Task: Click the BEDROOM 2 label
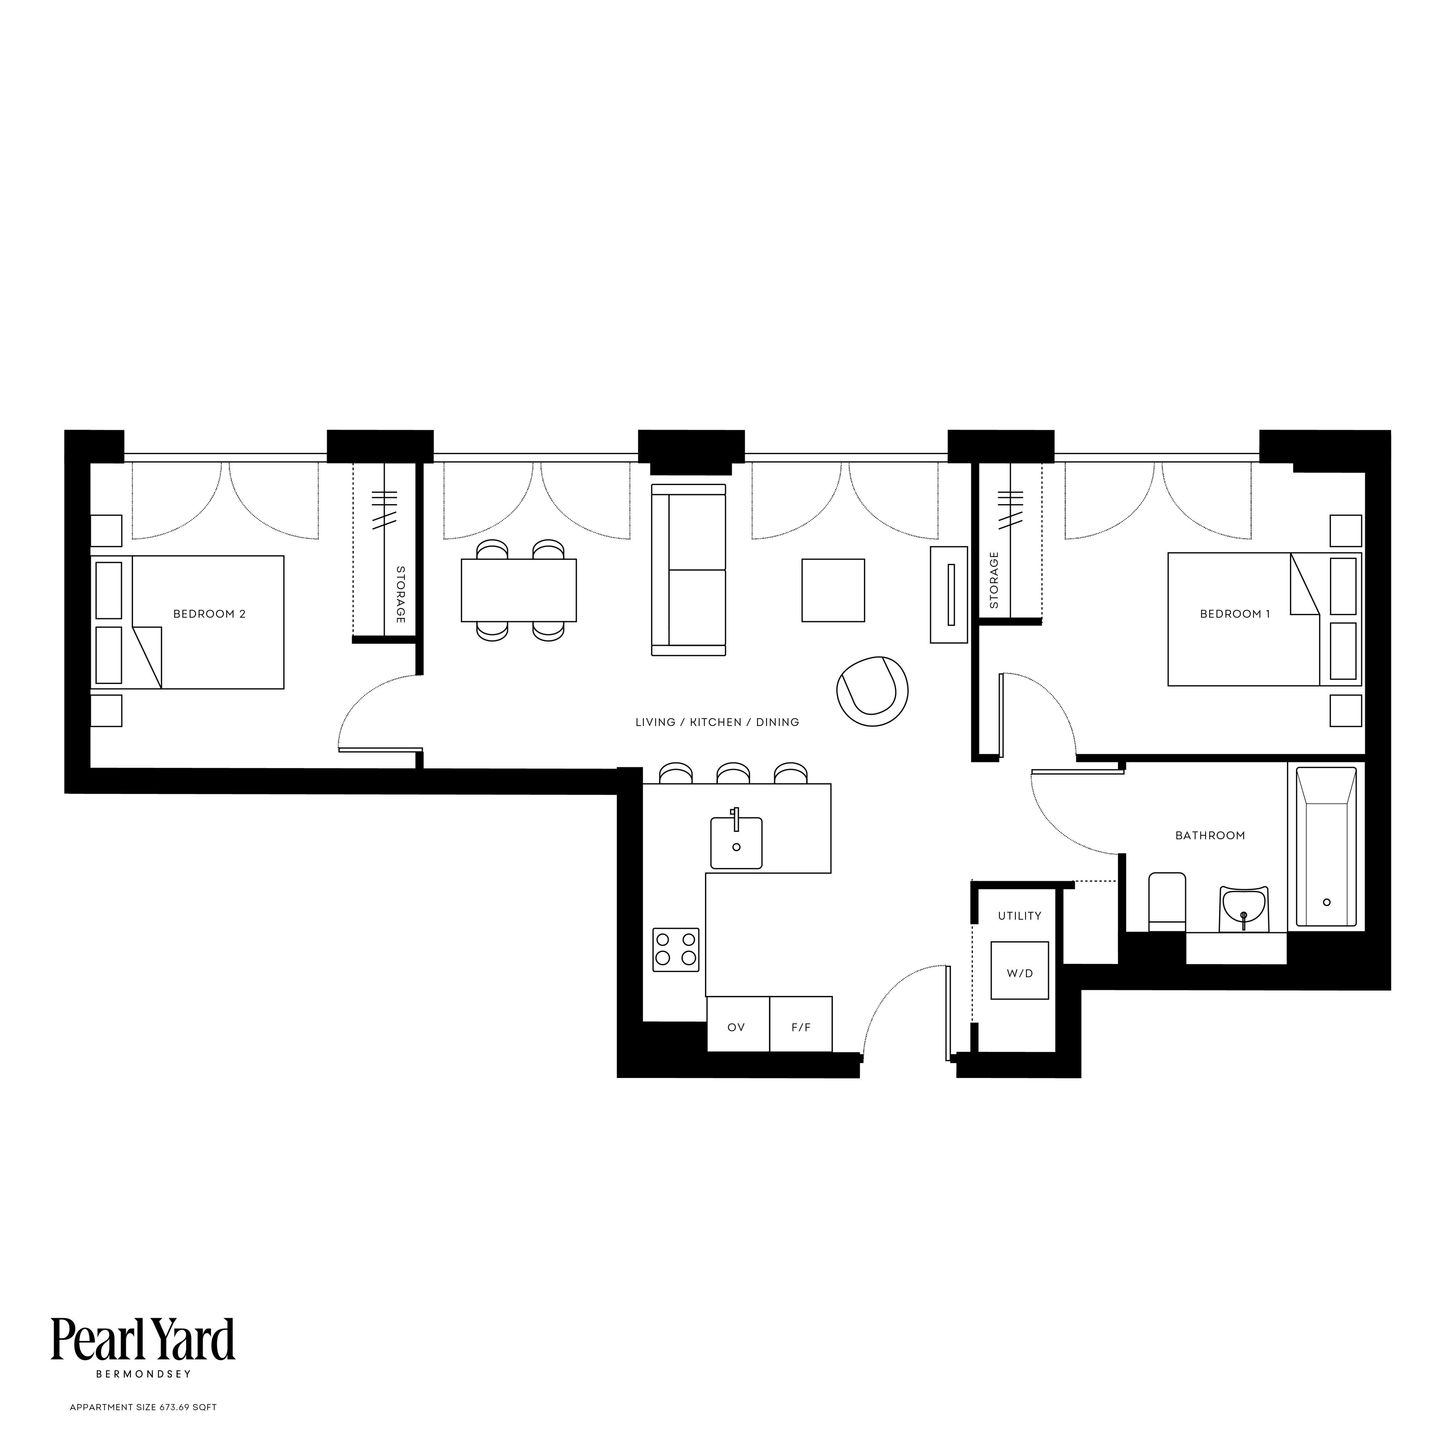click(x=210, y=614)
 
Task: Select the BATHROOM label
click(x=1210, y=836)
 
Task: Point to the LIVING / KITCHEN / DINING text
click(x=717, y=722)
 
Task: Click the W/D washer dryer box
click(x=1020, y=970)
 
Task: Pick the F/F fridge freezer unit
click(x=801, y=1024)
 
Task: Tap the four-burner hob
click(x=676, y=950)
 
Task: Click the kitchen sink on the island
click(x=737, y=842)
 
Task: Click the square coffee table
click(x=833, y=590)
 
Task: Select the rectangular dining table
click(x=519, y=590)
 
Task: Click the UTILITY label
click(x=1020, y=916)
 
